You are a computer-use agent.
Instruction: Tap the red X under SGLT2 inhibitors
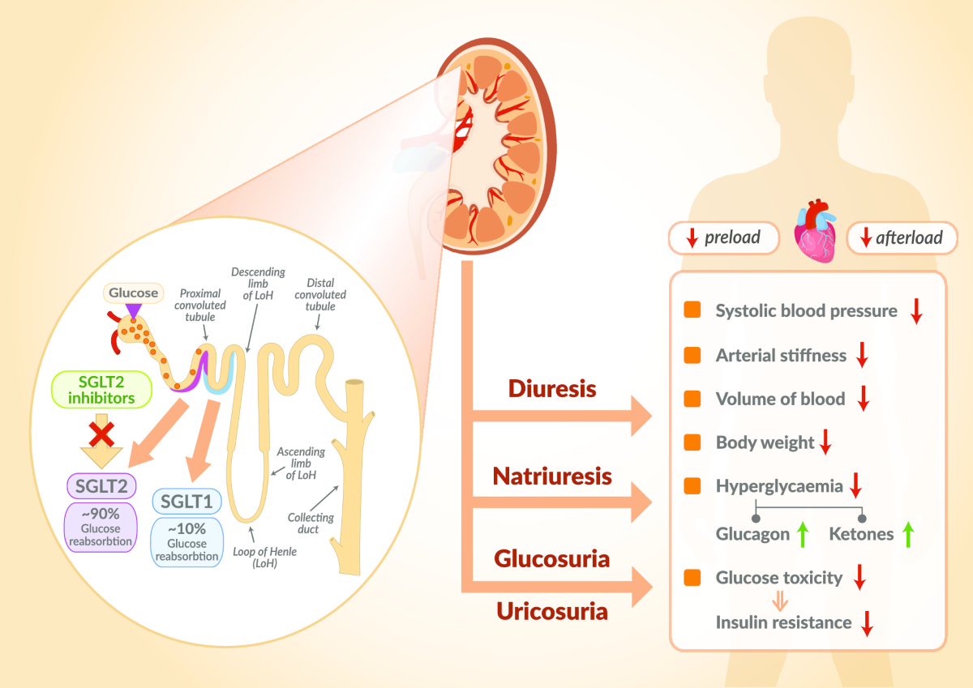(x=101, y=434)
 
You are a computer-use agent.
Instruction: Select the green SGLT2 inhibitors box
(x=92, y=389)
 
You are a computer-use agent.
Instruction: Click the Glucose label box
(x=134, y=292)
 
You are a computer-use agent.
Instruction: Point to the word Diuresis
(x=552, y=389)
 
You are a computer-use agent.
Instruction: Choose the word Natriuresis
(x=552, y=476)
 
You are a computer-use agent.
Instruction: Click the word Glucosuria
(x=552, y=559)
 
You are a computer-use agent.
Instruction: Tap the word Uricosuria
(x=552, y=611)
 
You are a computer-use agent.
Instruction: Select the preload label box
(x=723, y=237)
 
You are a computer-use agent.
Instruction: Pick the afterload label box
(x=902, y=237)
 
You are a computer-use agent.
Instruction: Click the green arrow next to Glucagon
(x=803, y=534)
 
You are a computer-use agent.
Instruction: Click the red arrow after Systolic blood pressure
(x=916, y=312)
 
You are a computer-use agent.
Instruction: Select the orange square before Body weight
(x=692, y=442)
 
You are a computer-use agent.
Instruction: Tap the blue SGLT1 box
(x=187, y=502)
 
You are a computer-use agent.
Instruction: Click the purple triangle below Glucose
(x=134, y=310)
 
